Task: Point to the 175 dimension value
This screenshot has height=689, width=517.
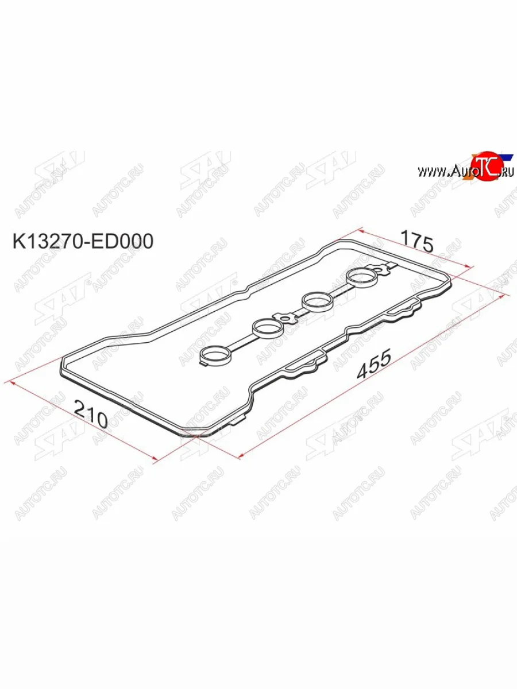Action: (416, 241)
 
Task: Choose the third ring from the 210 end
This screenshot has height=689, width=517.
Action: (317, 300)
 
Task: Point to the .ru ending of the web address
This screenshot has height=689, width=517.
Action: (507, 171)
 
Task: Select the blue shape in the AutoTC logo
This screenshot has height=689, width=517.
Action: (505, 156)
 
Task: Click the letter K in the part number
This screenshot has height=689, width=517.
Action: (18, 242)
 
